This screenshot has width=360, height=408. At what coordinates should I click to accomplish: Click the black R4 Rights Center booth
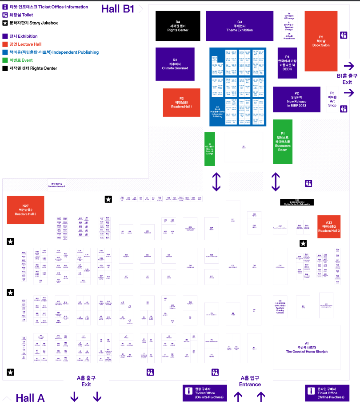click(178, 26)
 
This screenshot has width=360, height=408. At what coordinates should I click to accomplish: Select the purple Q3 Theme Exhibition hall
click(240, 26)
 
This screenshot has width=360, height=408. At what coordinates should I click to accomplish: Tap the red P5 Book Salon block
click(321, 41)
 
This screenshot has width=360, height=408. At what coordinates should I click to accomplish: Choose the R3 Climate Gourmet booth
click(175, 64)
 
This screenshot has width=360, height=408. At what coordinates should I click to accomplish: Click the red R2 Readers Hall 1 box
click(181, 102)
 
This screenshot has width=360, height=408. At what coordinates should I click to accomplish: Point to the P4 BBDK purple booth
click(287, 63)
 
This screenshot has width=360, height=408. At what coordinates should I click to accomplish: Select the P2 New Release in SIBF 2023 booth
click(296, 99)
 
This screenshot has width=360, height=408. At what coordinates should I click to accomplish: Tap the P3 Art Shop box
click(332, 99)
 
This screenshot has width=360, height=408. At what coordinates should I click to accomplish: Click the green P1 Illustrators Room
click(283, 141)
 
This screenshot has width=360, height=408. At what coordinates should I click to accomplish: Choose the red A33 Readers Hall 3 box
click(329, 226)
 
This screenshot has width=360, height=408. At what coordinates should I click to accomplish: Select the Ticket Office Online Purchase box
click(327, 393)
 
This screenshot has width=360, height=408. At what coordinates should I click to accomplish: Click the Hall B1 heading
click(118, 9)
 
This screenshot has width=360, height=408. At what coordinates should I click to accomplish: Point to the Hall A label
click(30, 398)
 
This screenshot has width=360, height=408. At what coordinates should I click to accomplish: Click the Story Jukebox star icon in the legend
click(5, 23)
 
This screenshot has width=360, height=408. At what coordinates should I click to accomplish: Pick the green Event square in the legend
click(5, 60)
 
